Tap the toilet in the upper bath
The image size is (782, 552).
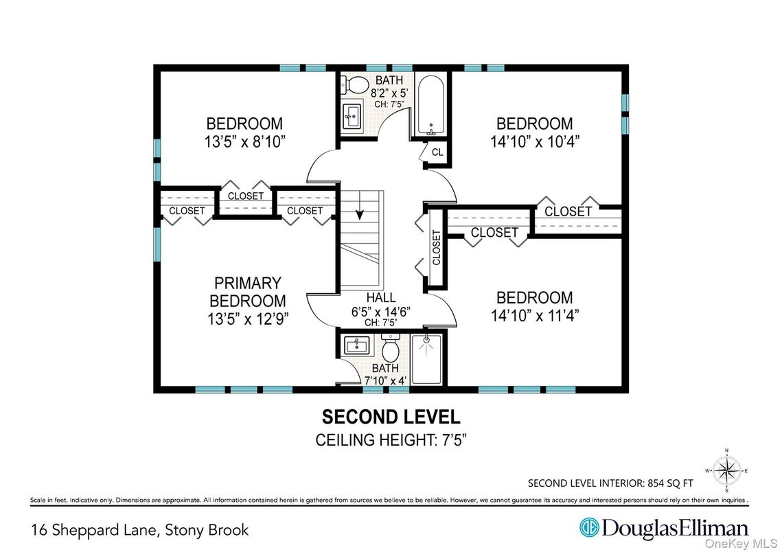pos(358,85)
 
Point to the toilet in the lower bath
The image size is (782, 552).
pos(390,351)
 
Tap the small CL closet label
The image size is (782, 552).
pos(437,152)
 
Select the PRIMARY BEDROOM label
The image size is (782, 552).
pos(247,292)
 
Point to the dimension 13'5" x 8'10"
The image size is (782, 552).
pos(244,141)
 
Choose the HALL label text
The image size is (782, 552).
pos(380,297)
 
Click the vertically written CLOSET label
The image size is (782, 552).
pos(437,247)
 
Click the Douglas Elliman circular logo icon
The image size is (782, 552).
pos(588,528)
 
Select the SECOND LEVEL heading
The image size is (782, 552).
pos(391,417)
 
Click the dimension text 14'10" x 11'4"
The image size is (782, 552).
pos(534,316)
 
